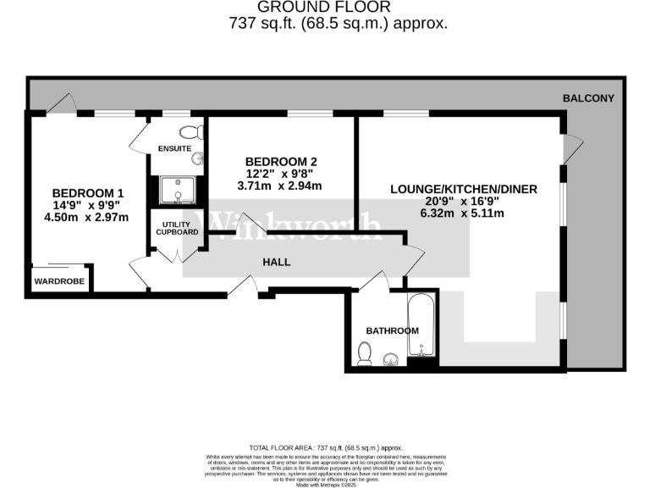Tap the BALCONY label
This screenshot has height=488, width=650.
pos(588,98)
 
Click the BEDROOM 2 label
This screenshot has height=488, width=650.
pos(281,162)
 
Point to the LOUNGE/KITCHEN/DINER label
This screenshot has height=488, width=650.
pos(464,189)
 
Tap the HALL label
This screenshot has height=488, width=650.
pos(276,262)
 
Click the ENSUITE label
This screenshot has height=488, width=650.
pos(174,149)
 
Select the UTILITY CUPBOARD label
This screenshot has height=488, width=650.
pos(175,227)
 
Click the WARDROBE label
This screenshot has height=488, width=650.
pos(59,281)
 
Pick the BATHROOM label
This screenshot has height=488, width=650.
pos(392,330)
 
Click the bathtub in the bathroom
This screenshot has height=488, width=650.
pos(421,325)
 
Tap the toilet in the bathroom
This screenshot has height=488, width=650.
pos(365,353)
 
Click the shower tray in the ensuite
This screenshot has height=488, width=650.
pos(177,191)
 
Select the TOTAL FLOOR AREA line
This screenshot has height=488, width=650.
pos(326,447)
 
